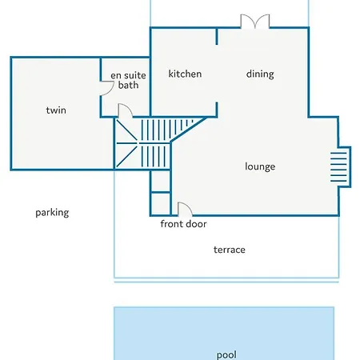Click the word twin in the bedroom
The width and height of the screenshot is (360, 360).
(x=56, y=110)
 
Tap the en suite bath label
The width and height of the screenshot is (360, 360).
(x=128, y=80)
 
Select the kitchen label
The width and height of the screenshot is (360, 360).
(x=185, y=74)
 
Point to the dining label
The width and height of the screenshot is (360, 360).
(x=260, y=74)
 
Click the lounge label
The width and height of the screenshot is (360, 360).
(x=260, y=166)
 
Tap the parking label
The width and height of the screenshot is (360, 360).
(x=52, y=213)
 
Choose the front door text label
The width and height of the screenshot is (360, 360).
(x=183, y=224)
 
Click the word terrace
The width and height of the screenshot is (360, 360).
(x=230, y=250)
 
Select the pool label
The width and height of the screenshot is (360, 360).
(x=226, y=355)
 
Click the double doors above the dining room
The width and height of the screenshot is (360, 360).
(x=255, y=22)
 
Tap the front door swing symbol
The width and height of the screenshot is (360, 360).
(x=185, y=209)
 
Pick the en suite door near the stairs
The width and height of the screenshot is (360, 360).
(x=125, y=110)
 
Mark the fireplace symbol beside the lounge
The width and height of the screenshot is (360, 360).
(x=341, y=167)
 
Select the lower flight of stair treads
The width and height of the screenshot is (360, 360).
(x=154, y=156)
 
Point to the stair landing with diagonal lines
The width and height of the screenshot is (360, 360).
(x=126, y=143)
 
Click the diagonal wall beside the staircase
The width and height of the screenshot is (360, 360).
(x=189, y=129)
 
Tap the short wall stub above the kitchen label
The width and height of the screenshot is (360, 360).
(x=217, y=36)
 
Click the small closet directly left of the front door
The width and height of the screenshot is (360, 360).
(x=160, y=203)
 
